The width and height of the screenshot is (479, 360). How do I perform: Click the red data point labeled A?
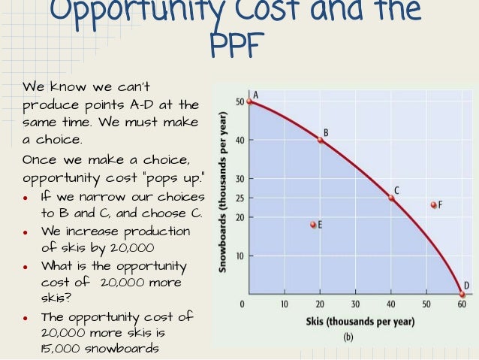[x=249, y=101]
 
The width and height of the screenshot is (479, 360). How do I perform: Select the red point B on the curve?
[x=320, y=140]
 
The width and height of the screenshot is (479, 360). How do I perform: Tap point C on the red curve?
[x=390, y=198]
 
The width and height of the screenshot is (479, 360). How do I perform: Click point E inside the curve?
[x=313, y=224]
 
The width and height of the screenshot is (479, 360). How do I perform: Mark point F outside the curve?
[x=433, y=204]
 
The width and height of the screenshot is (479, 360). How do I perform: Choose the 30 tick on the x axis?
[x=354, y=304]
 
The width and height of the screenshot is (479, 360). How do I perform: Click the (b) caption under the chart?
[x=348, y=337]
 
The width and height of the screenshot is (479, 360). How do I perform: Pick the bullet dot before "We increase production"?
[x=26, y=232]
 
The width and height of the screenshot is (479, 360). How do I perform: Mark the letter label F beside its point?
[x=440, y=204]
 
